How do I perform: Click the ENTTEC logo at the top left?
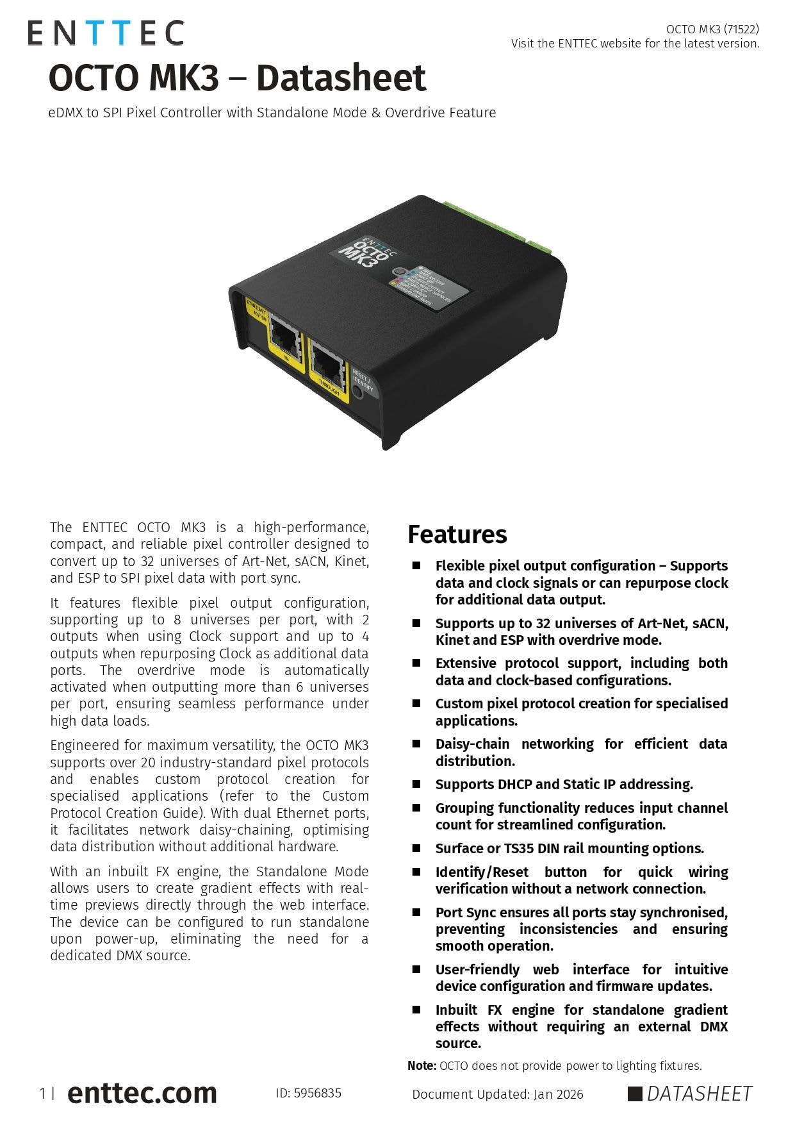coord(106,33)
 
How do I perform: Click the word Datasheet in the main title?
coord(341,78)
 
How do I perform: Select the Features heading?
coord(457,535)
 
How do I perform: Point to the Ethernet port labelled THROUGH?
coord(327,365)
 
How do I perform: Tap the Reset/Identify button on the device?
coord(358,391)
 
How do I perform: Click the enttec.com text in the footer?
coord(142,1093)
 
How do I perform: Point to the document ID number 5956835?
coord(317,1093)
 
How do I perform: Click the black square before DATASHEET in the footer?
coord(634,1094)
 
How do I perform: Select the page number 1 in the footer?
coord(42,1094)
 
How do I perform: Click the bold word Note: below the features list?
coord(422,1065)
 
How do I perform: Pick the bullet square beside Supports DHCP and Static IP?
coord(416,784)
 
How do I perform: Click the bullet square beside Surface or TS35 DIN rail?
coord(416,848)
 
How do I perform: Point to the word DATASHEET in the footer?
coord(699,1094)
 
